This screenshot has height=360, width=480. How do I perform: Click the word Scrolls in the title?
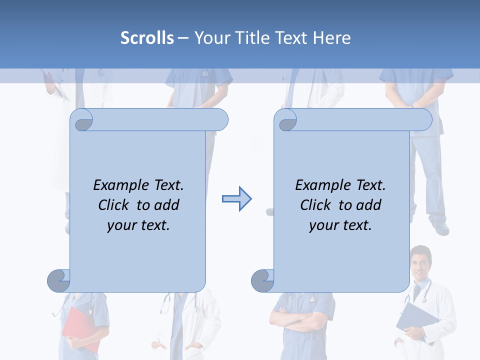tap(147, 38)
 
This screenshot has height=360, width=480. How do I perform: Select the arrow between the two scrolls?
tap(236, 199)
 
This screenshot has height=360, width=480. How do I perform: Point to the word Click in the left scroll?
tap(115, 205)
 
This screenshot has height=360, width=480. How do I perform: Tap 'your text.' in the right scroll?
tap(340, 225)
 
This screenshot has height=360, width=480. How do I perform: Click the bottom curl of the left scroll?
tap(58, 280)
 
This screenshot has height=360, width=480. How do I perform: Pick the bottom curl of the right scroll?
tap(262, 280)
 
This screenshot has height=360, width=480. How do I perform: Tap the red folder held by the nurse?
tap(77, 327)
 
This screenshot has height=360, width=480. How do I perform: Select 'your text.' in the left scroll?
tap(138, 225)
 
